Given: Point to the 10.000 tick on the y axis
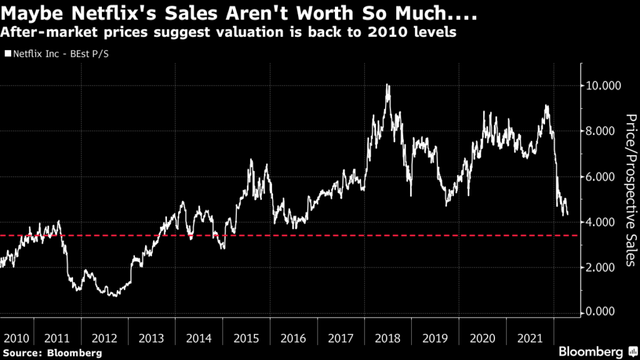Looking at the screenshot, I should pos(602,86).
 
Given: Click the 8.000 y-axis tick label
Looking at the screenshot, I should pos(602,131).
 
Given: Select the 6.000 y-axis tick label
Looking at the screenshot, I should pos(602,177).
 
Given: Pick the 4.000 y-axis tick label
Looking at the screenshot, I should pos(602,222).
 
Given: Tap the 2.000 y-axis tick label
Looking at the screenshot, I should pos(602,267).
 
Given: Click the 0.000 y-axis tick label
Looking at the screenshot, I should pos(602,312).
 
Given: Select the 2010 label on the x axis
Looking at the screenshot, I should pos(16,338).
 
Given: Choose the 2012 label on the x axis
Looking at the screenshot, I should pos(104,338).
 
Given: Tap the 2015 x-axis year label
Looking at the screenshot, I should pos(246,338).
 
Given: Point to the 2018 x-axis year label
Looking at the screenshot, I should pos(387,338).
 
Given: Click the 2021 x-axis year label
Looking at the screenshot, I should pos(529,338).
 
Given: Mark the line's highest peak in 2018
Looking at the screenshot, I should pos(387,85).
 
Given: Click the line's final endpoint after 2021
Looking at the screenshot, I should pos(567,214).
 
